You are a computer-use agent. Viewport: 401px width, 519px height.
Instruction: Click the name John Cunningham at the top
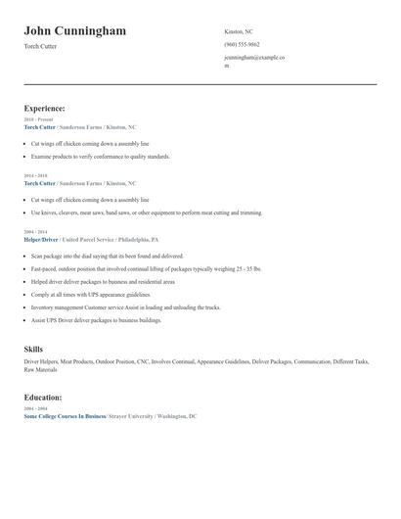pyautogui.click(x=74, y=31)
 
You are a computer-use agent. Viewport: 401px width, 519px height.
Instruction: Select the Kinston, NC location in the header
pyautogui.click(x=238, y=31)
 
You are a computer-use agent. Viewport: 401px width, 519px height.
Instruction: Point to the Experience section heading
pyautogui.click(x=45, y=108)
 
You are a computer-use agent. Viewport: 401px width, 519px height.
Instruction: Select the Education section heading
pyautogui.click(x=43, y=398)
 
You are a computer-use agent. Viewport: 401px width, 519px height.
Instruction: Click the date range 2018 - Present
pyautogui.click(x=38, y=119)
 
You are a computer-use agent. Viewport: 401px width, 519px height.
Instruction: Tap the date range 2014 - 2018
pyautogui.click(x=35, y=176)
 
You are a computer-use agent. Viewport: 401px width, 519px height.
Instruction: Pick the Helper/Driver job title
pyautogui.click(x=40, y=239)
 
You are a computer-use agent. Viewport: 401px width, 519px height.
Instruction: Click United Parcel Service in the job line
pyautogui.click(x=90, y=239)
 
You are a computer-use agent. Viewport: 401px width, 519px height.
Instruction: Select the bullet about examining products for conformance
pyautogui.click(x=100, y=157)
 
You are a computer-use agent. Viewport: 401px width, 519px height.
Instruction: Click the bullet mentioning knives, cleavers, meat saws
pyautogui.click(x=146, y=212)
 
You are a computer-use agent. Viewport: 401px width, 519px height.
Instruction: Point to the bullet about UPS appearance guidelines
pyautogui.click(x=90, y=294)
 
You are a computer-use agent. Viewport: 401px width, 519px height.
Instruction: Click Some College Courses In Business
pyautogui.click(x=64, y=416)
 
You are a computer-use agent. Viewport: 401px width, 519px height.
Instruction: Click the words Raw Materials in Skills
pyautogui.click(x=41, y=368)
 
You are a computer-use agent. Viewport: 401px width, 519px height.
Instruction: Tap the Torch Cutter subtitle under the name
pyautogui.click(x=40, y=46)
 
